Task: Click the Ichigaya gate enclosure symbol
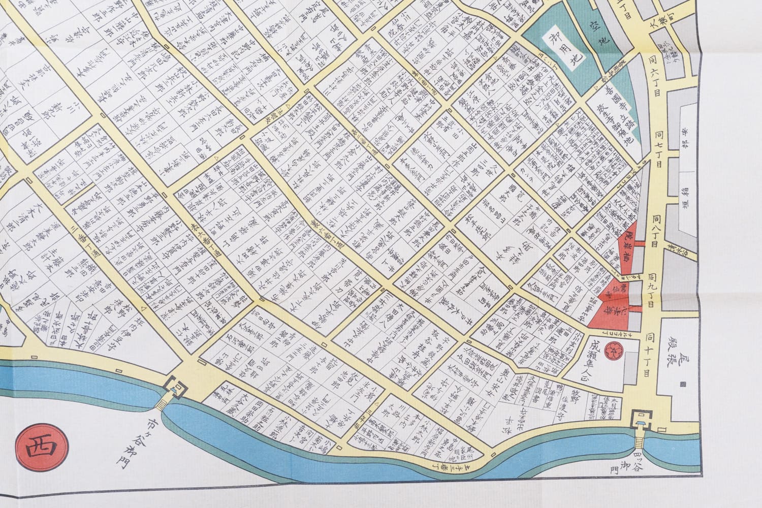pos(175,388)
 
